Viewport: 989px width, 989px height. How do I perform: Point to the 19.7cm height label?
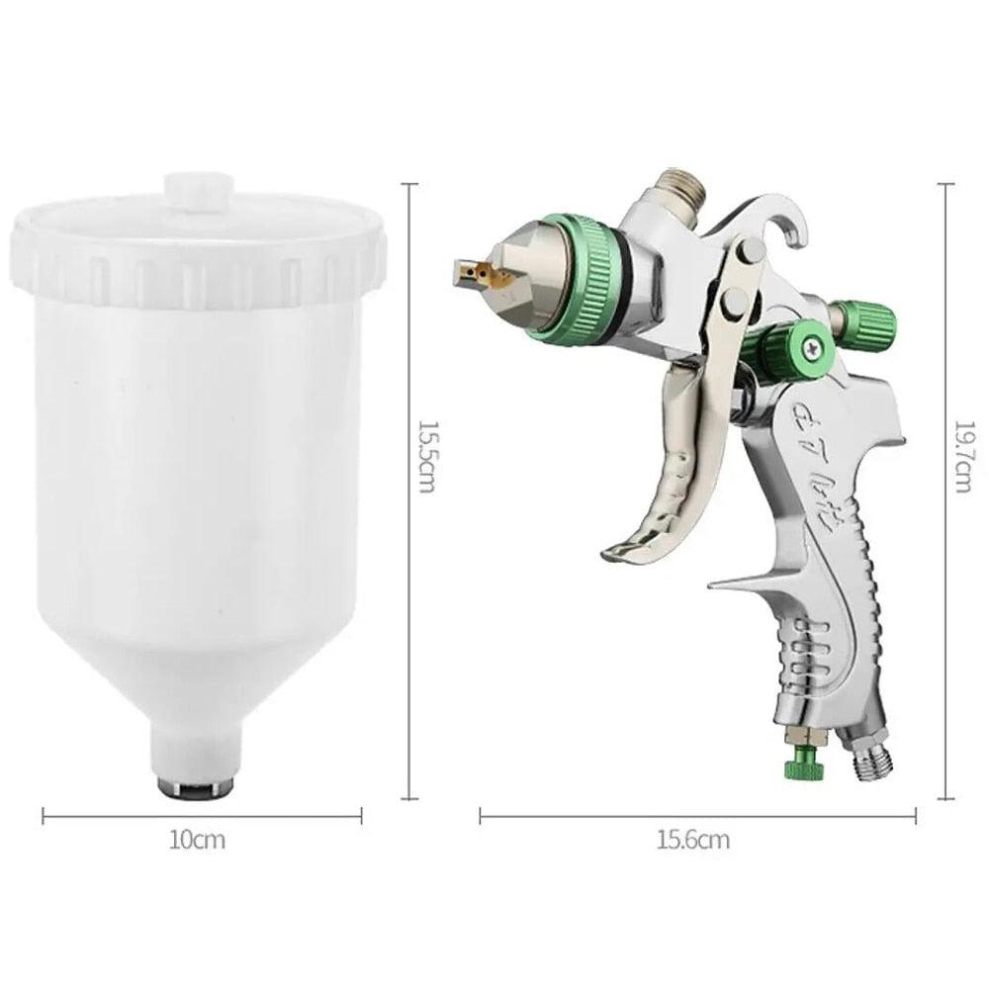962,455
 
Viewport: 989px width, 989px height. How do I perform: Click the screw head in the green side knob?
814,345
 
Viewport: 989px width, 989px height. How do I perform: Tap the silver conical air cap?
521,272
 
